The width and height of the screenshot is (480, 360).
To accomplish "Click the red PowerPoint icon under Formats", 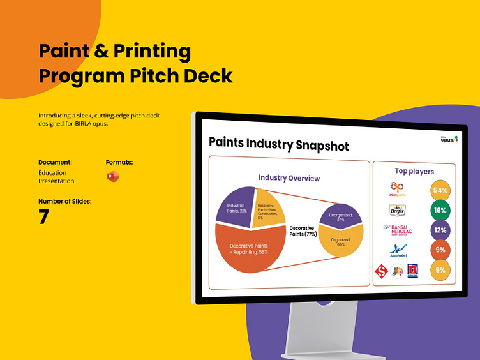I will pyautogui.click(x=112, y=177).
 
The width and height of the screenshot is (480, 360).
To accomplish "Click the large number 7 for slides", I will pyautogui.click(x=43, y=217).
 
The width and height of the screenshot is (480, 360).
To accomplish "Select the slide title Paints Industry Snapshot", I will pyautogui.click(x=279, y=145).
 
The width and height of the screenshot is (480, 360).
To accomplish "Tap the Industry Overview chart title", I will pyautogui.click(x=289, y=178).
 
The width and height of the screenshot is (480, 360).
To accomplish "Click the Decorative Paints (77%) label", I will pyautogui.click(x=303, y=230).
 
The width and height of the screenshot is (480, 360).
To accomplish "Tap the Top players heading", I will pyautogui.click(x=414, y=171).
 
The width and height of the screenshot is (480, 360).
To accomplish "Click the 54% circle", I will pyautogui.click(x=440, y=190).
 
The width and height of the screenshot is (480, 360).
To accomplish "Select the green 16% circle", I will pyautogui.click(x=440, y=210).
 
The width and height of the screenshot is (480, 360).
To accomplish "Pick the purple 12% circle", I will pyautogui.click(x=440, y=230).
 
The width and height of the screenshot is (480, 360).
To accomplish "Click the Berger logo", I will pyautogui.click(x=397, y=210).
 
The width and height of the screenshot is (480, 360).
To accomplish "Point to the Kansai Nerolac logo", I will pyautogui.click(x=398, y=230).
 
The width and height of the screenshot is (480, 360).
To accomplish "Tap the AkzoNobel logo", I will pyautogui.click(x=398, y=251).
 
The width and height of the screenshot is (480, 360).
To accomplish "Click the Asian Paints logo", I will pyautogui.click(x=398, y=189).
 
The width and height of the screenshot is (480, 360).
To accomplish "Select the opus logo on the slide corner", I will pyautogui.click(x=448, y=139).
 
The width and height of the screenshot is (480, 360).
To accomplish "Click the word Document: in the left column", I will pyautogui.click(x=55, y=162).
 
